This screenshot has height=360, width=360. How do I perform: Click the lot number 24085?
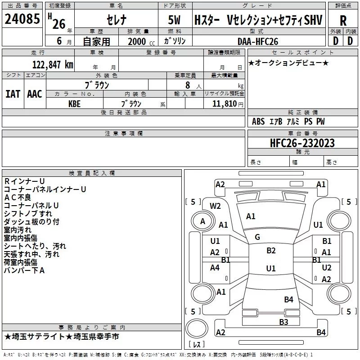pos(22,19)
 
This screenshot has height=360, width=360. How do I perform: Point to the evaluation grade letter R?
pos(343,21)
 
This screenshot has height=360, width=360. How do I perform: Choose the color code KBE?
pos(75,103)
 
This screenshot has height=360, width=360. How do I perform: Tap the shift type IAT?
pos(13,94)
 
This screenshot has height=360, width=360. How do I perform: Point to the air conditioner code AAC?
pos(35,94)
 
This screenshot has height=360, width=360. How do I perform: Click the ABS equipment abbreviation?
pos(258,121)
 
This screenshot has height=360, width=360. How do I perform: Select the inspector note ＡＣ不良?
pos(18,198)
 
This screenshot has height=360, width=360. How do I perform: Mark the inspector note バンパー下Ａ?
pos(24,270)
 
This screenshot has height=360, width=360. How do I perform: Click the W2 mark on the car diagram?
pos(216,206)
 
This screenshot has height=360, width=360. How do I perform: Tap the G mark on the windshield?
pos(257,237)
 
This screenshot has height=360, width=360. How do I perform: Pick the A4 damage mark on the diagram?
pos(215,268)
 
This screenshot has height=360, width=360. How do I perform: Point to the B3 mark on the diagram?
pos(283,322)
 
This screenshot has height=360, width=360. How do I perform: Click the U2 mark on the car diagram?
pos(327,268)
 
